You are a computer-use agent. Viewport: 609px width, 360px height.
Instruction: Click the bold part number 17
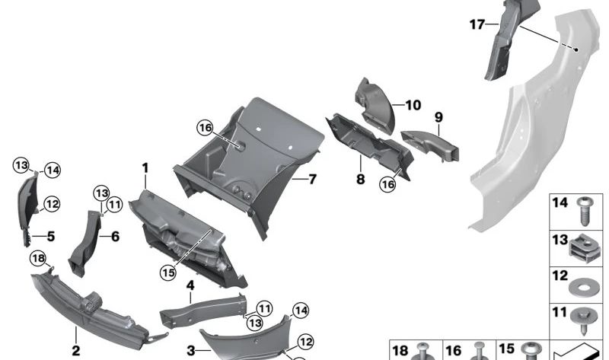(477, 25)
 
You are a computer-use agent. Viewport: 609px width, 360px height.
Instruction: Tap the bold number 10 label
(413, 105)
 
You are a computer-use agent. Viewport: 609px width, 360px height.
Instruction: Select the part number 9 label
(438, 117)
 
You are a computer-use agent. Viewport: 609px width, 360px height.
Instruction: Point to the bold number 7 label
(313, 179)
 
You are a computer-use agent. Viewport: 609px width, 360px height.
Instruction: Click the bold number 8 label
(360, 179)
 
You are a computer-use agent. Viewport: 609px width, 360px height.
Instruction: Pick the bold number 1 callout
(145, 168)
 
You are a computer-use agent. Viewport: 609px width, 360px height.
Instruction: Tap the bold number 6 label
(116, 236)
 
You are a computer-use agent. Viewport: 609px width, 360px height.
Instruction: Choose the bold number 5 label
(51, 236)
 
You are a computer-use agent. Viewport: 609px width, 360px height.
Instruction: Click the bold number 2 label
(75, 351)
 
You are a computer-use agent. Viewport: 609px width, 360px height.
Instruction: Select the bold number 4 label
(190, 286)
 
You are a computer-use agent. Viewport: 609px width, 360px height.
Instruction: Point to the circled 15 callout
(168, 272)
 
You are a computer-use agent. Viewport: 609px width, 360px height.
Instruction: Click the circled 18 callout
(39, 258)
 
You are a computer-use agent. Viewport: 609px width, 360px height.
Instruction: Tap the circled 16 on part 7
(205, 127)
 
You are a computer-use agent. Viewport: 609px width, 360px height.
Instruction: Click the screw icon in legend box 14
(584, 212)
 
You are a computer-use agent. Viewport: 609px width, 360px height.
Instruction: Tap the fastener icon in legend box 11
(582, 321)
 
